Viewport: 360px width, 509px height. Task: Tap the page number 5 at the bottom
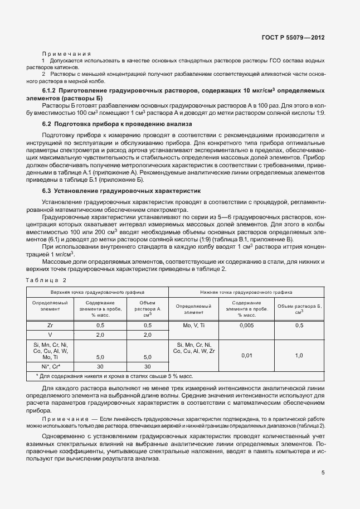pyautogui.click(x=323, y=473)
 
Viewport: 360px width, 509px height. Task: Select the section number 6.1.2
pyautogui.click(x=52, y=90)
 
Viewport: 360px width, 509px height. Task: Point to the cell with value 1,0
pyautogui.click(x=299, y=355)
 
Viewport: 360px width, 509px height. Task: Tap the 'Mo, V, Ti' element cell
pyautogui.click(x=193, y=325)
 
